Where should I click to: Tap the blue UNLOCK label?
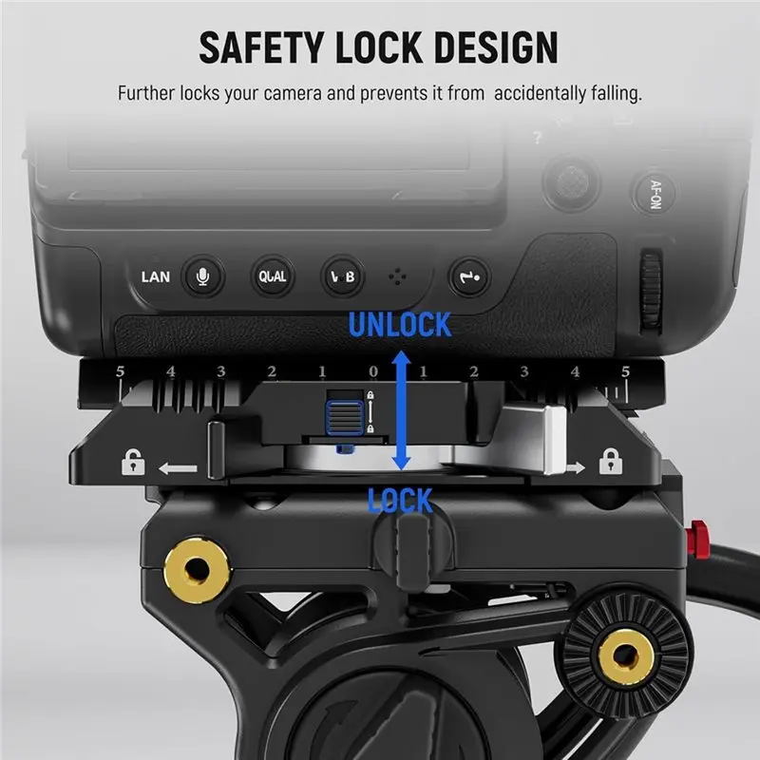tap(400, 325)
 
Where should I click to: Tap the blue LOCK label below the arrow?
tap(400, 501)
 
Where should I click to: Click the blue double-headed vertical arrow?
tap(401, 410)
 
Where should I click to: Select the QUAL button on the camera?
tap(273, 276)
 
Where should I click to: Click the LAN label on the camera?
tap(156, 277)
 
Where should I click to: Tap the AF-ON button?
tap(654, 194)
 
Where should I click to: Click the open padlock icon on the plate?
tap(133, 462)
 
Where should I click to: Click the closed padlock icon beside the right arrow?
tap(610, 462)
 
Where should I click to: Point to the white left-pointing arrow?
tap(178, 468)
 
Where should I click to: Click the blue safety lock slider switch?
tap(345, 417)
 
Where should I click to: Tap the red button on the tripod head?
tap(698, 538)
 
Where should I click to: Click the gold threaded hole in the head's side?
tap(197, 567)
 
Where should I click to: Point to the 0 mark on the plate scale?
tap(372, 371)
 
